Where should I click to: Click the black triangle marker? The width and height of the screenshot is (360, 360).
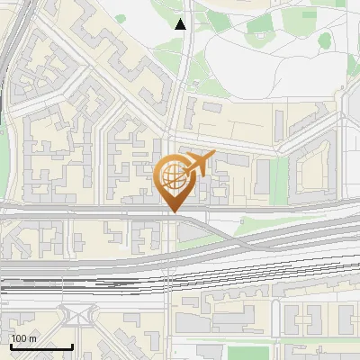[x=182, y=24]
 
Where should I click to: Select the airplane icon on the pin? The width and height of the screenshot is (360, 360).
[x=200, y=163]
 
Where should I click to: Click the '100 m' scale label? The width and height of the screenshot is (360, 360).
[x=23, y=338]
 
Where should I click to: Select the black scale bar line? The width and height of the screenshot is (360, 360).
[x=41, y=346]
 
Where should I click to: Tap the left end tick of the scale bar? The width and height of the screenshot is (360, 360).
[x=11, y=345]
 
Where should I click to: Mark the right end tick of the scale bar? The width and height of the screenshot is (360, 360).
[x=72, y=345]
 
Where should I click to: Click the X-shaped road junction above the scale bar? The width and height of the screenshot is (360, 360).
[x=76, y=315]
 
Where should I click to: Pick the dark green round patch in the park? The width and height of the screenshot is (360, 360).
[x=326, y=40]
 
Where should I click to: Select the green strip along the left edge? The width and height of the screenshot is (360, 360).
[x=4, y=162]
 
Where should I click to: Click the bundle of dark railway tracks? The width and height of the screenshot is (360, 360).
[x=90, y=286]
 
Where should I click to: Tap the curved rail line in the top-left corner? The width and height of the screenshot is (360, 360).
[x=11, y=45]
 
